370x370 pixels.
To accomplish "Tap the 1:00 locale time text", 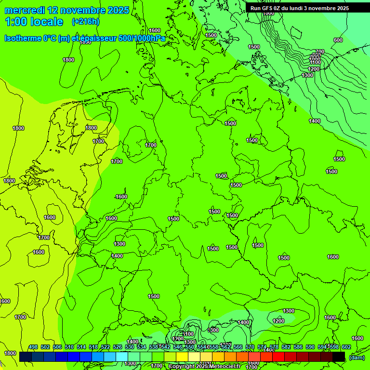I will pos(34,22).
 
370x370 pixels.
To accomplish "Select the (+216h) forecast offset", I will pos(85,22).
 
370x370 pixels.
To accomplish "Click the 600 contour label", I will pos(338,40).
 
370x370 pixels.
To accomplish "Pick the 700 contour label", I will pos(320,52).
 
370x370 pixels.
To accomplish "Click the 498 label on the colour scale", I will pos(33,347).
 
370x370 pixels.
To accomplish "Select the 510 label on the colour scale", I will pos(69,347).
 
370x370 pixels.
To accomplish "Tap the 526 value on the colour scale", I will pos(118,347).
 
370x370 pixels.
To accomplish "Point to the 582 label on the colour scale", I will pos(286,347).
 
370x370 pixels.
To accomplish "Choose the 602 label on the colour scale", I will pos(346,347).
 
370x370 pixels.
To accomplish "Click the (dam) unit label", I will pos(357,357).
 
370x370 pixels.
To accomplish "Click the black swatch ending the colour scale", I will pos(339,357).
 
